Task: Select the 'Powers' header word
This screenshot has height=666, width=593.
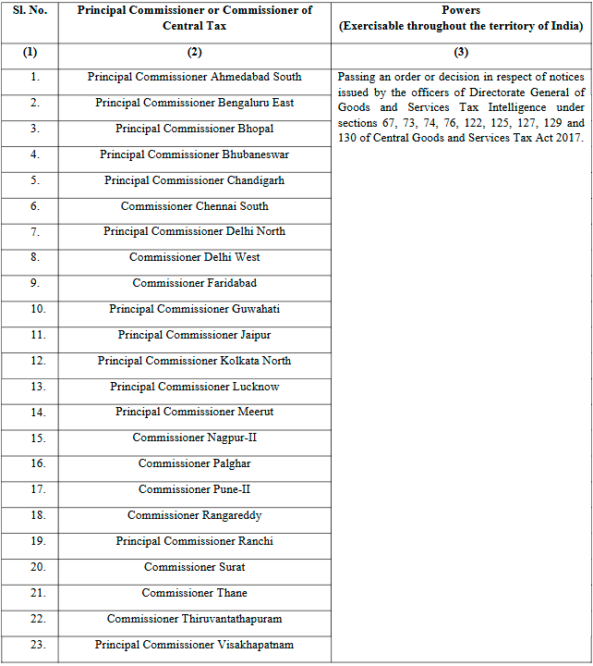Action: coord(461,10)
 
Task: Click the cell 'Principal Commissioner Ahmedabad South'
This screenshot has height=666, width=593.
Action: coord(194,77)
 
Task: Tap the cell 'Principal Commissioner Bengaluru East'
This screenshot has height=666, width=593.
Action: coord(194,103)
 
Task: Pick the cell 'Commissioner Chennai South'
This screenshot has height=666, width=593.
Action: coord(194,206)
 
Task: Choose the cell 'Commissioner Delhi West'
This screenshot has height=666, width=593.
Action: coord(194,257)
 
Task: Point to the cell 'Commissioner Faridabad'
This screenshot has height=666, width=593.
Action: coord(194,283)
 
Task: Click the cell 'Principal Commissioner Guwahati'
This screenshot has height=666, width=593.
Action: coord(194,309)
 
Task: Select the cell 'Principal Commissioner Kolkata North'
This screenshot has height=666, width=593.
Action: coord(194,361)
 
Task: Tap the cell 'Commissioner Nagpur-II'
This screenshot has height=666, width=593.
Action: coord(194,438)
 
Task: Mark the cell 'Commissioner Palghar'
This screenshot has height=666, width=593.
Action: coord(194,463)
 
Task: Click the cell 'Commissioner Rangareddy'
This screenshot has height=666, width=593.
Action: coord(194,515)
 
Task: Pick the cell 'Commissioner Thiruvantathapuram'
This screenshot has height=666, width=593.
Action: coord(194,619)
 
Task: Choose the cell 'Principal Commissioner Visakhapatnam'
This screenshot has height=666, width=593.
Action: coord(194,645)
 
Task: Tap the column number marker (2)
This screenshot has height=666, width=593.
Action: coord(194,53)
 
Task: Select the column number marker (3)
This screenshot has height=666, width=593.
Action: coord(461,53)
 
